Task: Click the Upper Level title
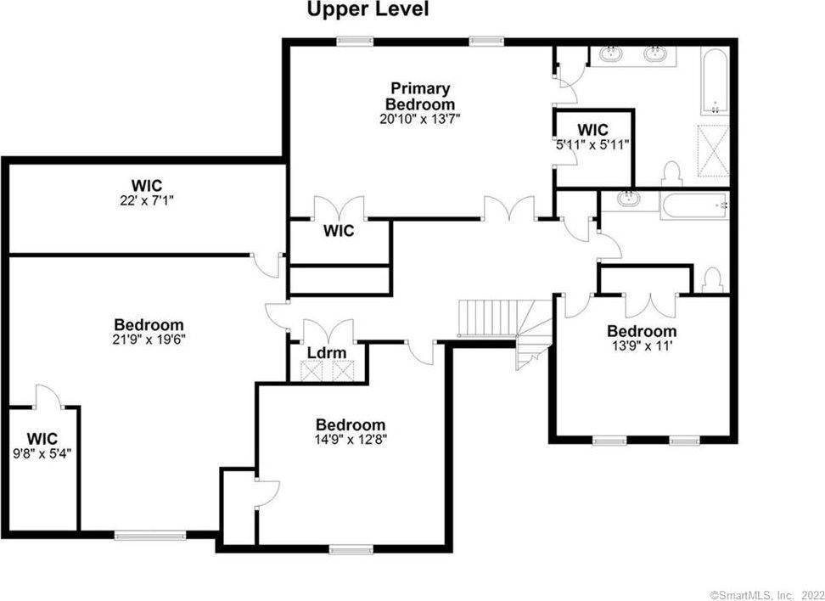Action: pyautogui.click(x=368, y=9)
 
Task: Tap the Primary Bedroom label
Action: pyautogui.click(x=420, y=95)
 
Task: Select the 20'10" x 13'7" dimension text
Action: pyautogui.click(x=420, y=119)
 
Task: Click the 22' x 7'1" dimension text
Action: pyautogui.click(x=147, y=200)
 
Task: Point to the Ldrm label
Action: pyautogui.click(x=327, y=352)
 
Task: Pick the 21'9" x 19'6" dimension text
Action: pyautogui.click(x=149, y=340)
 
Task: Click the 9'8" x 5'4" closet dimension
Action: pyautogui.click(x=42, y=452)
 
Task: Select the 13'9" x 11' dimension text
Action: pyautogui.click(x=642, y=346)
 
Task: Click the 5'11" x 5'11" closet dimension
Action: pyautogui.click(x=592, y=143)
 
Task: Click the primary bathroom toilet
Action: pyautogui.click(x=672, y=174)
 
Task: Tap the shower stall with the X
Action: pyautogui.click(x=713, y=150)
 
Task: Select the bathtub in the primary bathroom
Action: pyautogui.click(x=716, y=81)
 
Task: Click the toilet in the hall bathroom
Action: pyautogui.click(x=713, y=279)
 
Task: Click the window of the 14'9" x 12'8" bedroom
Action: pyautogui.click(x=351, y=550)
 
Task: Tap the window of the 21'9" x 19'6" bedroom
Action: pyautogui.click(x=150, y=536)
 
